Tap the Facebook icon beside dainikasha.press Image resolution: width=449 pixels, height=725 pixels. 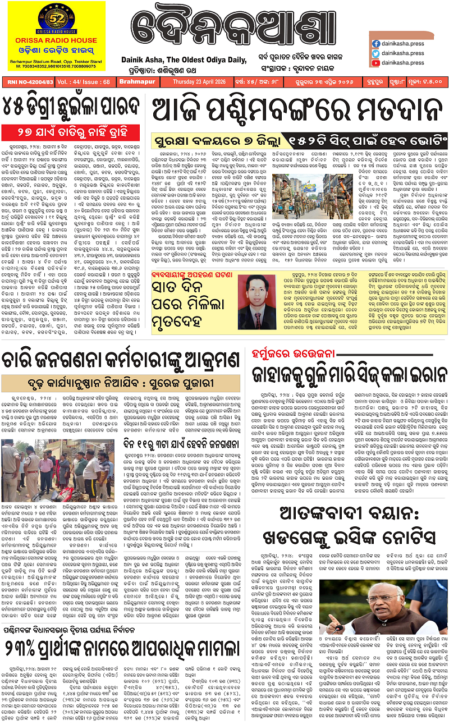375,43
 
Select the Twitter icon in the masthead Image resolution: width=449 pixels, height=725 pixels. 375,53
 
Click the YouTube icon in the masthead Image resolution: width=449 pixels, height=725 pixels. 375,63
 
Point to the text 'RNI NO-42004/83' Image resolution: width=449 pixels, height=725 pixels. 28,81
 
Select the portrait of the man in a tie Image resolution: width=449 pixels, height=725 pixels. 259,301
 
